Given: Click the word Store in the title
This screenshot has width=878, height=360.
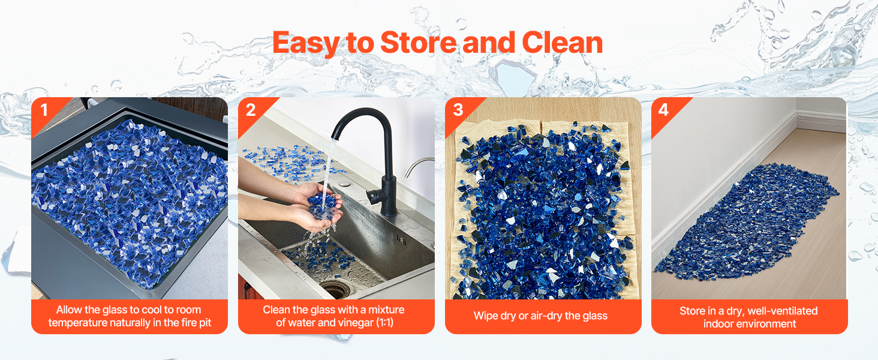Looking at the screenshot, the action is (418, 43).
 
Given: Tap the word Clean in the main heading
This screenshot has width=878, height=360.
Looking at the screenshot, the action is (563, 43).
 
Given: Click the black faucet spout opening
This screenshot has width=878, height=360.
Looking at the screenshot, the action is (335, 137).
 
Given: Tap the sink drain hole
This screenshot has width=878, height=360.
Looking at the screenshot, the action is (336, 290).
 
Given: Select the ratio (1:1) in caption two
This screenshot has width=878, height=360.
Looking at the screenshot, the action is (385, 323).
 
